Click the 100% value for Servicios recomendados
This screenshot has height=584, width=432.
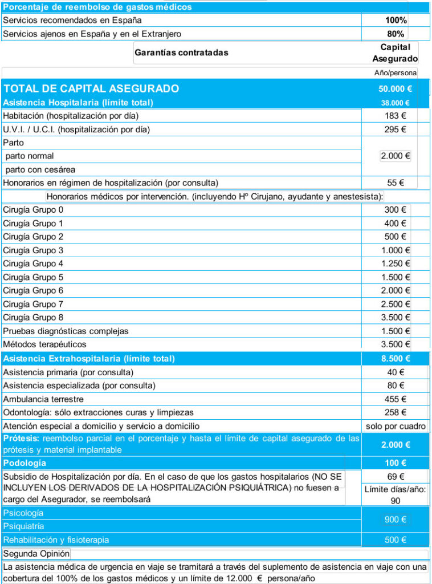(396, 20)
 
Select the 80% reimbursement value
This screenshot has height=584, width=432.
(396, 34)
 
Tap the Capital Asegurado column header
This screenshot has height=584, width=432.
(395, 52)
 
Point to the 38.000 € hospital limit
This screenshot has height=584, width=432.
(395, 103)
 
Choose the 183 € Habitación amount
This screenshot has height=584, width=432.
(395, 116)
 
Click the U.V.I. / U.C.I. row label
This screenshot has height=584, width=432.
(76, 129)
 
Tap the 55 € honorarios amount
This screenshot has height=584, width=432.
(395, 183)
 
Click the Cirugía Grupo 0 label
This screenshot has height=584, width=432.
(33, 210)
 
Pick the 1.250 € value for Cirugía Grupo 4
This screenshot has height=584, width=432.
(396, 263)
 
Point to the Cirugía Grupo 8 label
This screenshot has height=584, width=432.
(33, 317)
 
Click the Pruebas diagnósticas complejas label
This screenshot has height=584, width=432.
(66, 331)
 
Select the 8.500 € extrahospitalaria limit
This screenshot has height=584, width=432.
(395, 359)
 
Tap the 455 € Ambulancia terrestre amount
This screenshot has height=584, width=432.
(395, 399)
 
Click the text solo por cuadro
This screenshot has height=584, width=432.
(396, 426)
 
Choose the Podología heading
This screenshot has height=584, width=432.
(25, 463)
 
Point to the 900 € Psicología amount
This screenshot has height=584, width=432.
(395, 520)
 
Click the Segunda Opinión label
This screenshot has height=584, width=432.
(36, 554)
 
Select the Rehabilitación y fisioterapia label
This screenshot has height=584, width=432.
(56, 540)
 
